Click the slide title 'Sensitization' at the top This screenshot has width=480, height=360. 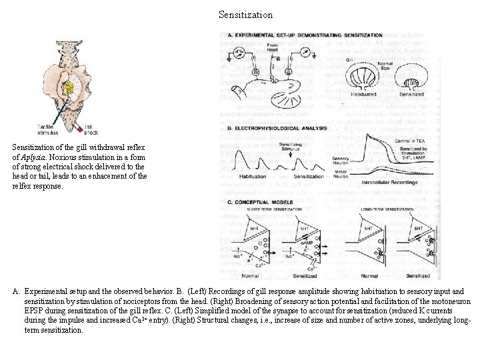tap(245, 14)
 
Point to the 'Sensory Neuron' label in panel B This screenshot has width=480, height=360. tap(341, 161)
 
